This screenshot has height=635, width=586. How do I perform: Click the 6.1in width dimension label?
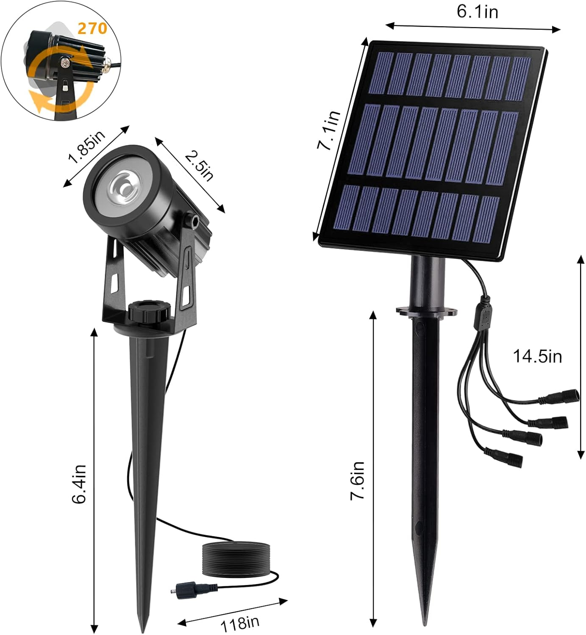tap(477, 11)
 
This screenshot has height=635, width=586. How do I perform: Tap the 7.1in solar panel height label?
tap(329, 130)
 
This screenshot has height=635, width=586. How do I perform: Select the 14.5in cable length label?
tap(537, 356)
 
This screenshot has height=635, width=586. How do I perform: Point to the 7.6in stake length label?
tap(357, 480)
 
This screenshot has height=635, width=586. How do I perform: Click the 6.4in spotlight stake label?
tap(79, 484)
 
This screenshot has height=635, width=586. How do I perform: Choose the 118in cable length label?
tap(239, 623)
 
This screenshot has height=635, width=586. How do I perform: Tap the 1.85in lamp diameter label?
tap(86, 146)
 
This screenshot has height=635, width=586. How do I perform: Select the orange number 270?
tap(92, 28)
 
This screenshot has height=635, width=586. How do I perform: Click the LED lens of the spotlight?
tap(124, 187)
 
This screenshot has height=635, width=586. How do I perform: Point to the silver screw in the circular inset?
tap(65, 63)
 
